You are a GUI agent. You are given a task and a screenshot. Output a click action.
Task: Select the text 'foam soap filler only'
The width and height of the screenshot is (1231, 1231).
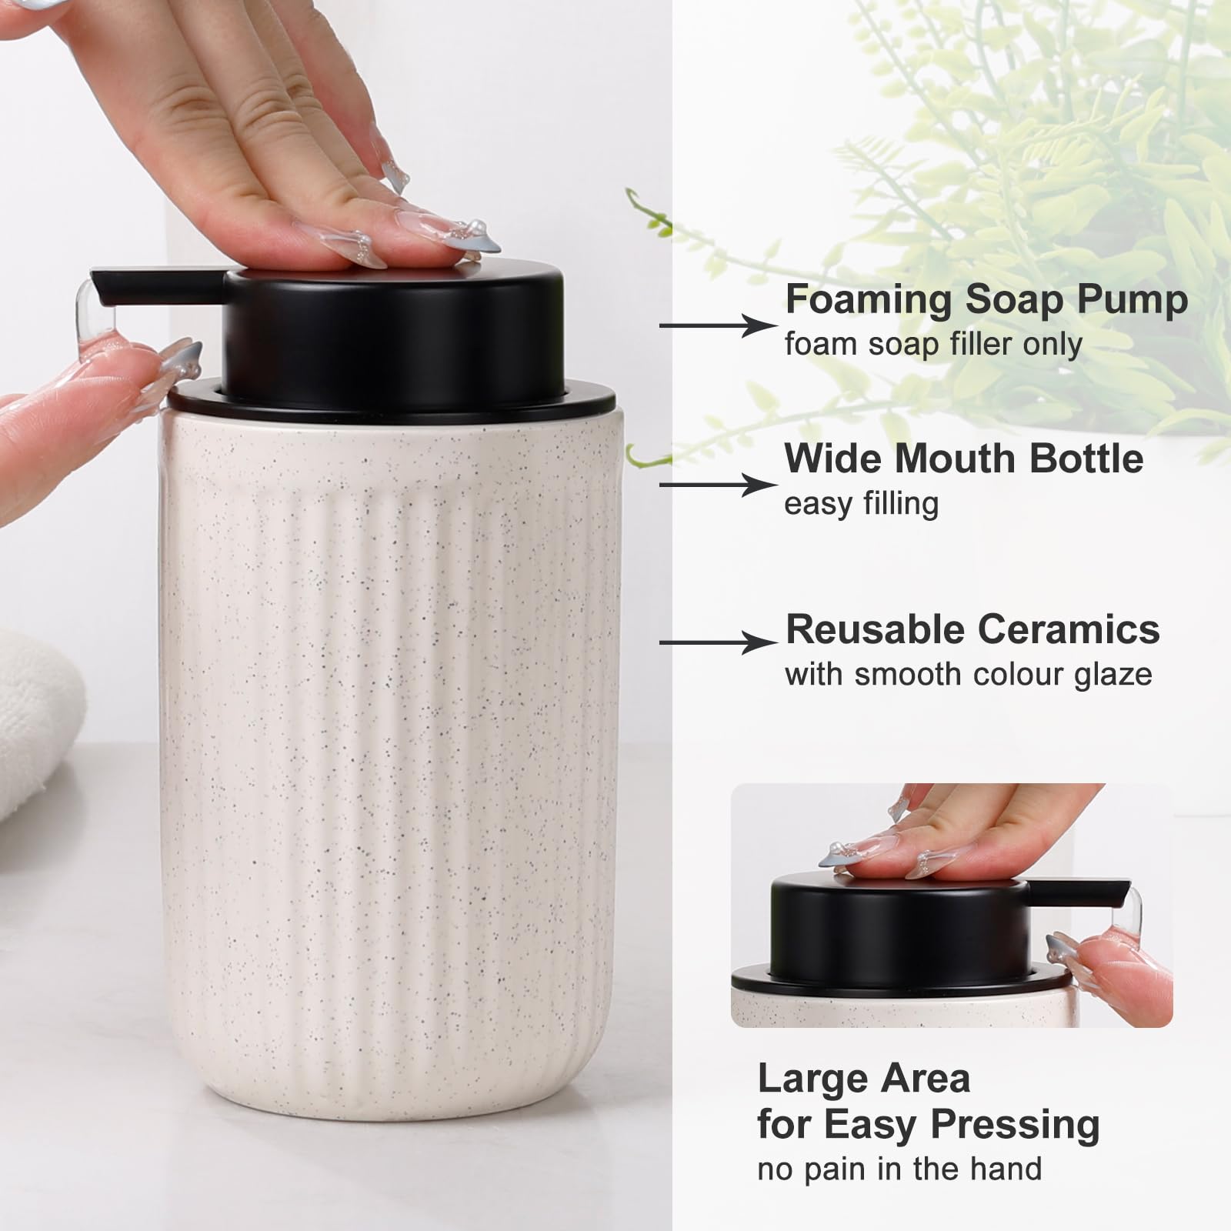[932, 344]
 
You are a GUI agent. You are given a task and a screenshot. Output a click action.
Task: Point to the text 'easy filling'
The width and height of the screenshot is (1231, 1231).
[861, 504]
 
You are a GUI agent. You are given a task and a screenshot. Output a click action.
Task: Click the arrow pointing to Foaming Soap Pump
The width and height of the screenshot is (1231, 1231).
[716, 325]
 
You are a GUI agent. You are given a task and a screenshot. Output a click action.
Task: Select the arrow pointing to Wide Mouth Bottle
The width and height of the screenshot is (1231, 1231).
[716, 485]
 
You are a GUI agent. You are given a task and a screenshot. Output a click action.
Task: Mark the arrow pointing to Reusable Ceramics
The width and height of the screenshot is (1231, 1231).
[716, 642]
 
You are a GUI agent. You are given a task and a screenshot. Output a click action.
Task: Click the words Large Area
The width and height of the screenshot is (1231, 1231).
[863, 1079]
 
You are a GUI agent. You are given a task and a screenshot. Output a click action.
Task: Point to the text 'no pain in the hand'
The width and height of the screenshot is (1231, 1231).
[899, 1169]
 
